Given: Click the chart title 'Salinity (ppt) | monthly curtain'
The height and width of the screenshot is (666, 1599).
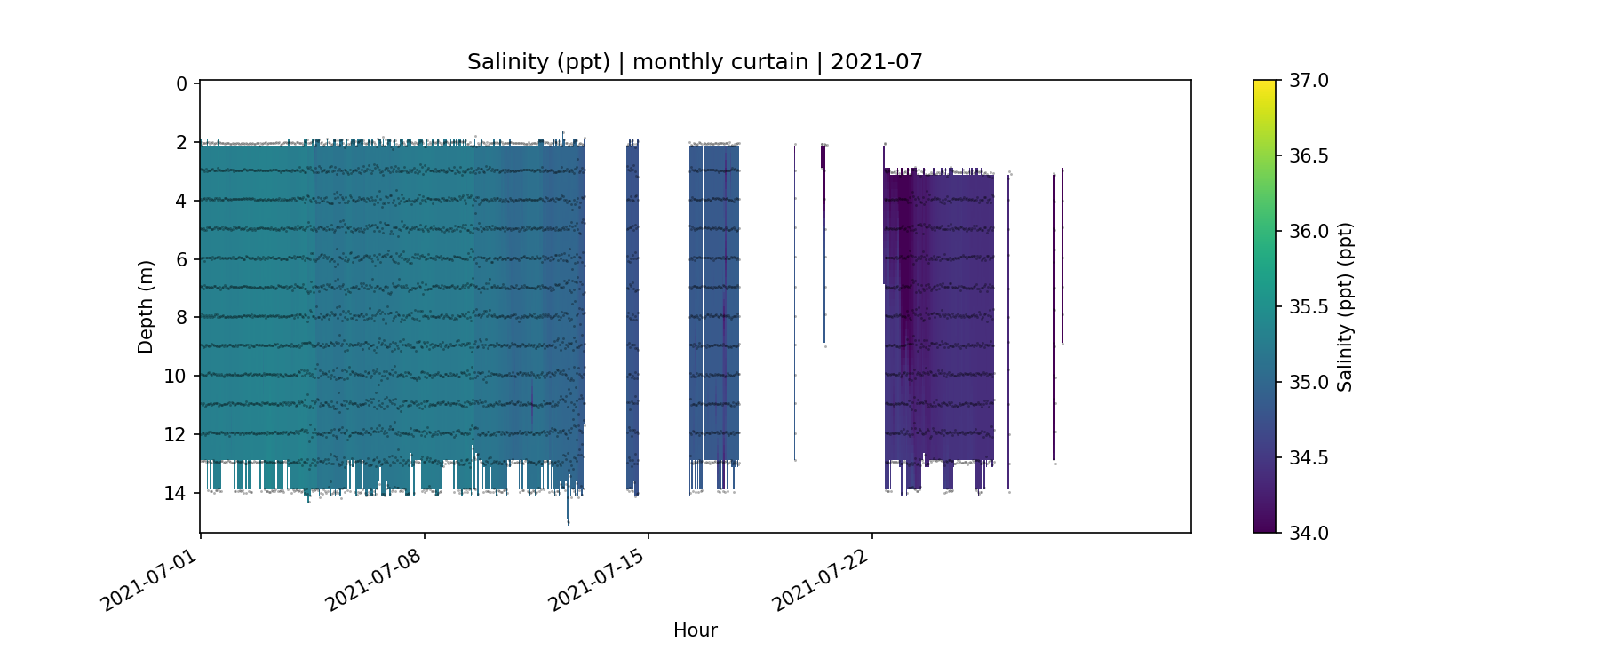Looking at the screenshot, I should point(695,62).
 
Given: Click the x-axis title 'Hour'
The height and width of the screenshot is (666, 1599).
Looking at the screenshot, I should point(695,630).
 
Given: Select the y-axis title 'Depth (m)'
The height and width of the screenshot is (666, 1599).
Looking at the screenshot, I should point(146,306).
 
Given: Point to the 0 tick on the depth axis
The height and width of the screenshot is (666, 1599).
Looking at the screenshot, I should point(181,84).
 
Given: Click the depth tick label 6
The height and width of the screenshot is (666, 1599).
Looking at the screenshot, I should point(181,259).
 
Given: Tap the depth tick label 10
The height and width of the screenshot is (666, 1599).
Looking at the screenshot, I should point(176,377).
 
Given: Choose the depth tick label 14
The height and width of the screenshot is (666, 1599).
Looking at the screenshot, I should point(176,493).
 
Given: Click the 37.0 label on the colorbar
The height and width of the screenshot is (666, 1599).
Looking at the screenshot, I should point(1309,81).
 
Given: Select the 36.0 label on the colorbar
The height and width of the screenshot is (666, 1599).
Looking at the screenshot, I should point(1309,232).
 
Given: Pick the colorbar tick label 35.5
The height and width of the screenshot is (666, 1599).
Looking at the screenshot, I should point(1309,307).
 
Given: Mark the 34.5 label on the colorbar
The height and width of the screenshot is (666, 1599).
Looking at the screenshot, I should point(1309,458).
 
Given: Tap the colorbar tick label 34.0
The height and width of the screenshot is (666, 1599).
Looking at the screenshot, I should point(1309,534).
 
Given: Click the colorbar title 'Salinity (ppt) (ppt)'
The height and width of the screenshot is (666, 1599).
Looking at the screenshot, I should point(1345,306).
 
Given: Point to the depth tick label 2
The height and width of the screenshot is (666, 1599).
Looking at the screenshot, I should point(181,143).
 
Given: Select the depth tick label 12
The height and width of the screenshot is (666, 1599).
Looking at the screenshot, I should point(176,435).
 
